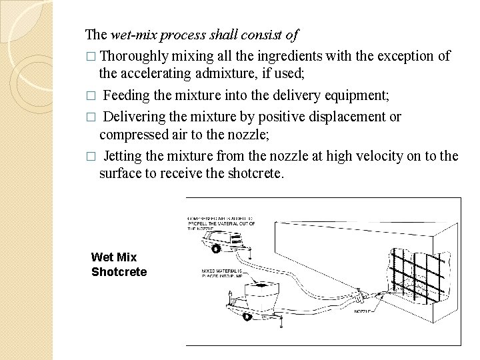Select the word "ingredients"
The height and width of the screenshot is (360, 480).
click(x=281, y=55)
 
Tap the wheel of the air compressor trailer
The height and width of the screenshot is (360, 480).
click(x=216, y=249)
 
